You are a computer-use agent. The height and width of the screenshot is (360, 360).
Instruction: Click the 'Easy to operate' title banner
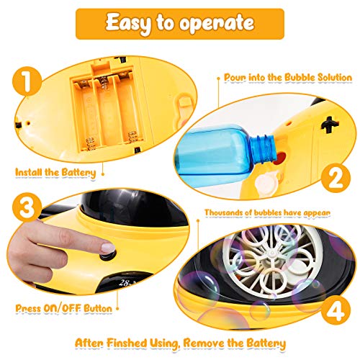click(x=180, y=23)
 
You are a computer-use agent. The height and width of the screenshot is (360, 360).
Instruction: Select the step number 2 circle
click(x=333, y=178)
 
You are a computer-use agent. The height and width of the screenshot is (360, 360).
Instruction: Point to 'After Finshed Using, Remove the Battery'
click(x=180, y=342)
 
